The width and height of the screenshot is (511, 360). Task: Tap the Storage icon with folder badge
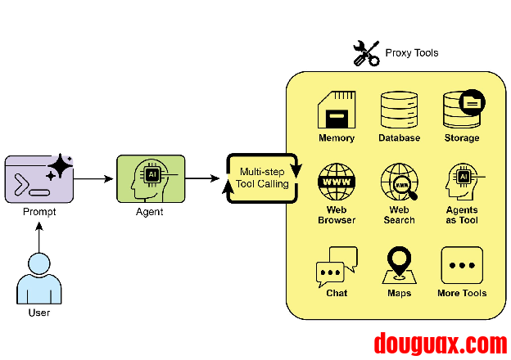pos(463,108)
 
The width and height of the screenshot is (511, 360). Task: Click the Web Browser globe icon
pos(336,182)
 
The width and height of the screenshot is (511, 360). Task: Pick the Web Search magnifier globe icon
pos(399,182)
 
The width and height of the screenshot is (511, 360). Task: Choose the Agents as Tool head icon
pos(463,182)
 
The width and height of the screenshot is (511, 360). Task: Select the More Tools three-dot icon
pos(462,265)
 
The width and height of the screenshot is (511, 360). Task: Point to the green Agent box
pos(150,178)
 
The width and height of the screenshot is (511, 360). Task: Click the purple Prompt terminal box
pos(38,178)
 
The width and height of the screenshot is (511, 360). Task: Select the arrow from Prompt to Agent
pos(93,178)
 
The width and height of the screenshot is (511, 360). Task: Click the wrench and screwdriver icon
pos(366,53)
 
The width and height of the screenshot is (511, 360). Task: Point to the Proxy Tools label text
pos(412,53)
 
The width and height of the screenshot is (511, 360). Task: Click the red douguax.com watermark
pos(440,343)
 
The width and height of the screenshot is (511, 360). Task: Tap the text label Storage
pos(462,138)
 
